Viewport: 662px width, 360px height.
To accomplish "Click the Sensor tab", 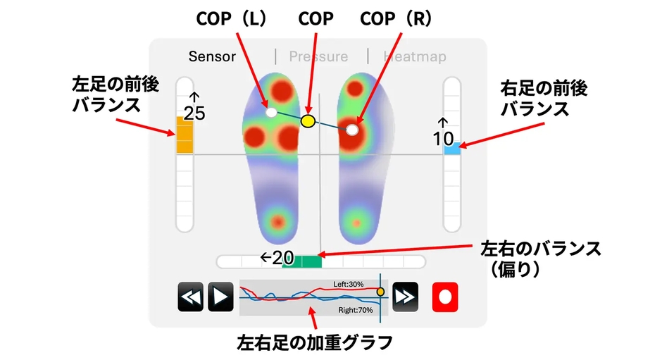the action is [x=212, y=56].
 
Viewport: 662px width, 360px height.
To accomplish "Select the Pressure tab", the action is [x=318, y=56].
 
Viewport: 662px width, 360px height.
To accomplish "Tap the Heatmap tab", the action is [x=415, y=56].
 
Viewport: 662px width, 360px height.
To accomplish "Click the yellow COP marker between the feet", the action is [x=308, y=121].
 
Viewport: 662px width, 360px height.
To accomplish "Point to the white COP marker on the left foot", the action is [x=271, y=113].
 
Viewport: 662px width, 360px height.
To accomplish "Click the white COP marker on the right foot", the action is [x=352, y=130].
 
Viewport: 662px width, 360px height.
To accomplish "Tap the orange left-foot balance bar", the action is [x=185, y=135].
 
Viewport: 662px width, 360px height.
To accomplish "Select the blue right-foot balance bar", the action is [x=451, y=149].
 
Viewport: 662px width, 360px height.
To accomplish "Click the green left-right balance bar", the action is [x=302, y=261].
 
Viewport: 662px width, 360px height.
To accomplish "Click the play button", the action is [x=220, y=297].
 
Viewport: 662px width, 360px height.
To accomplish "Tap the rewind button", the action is [x=190, y=297].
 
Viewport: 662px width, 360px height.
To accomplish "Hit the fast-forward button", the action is [x=406, y=297].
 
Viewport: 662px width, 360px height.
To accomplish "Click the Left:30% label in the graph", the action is [x=349, y=285].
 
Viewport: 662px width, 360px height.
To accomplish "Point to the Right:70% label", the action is [x=356, y=310].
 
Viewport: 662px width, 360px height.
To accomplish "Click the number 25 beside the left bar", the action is [x=194, y=113].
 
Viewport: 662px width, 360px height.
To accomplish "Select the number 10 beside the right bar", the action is [x=443, y=139].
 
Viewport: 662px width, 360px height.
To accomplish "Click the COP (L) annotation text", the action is [x=232, y=18].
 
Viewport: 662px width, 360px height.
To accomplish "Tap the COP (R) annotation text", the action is [x=396, y=18].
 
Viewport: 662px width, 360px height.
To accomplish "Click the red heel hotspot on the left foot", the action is [x=277, y=221].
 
